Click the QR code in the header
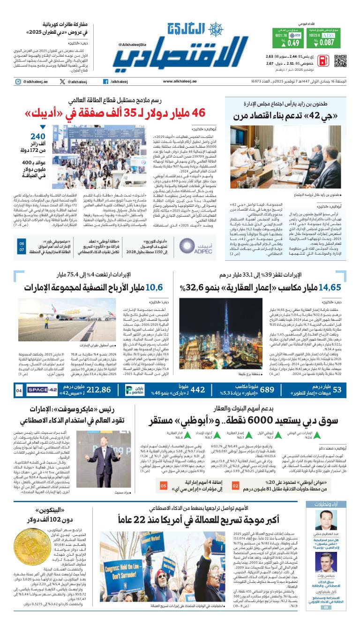[x=340, y=61]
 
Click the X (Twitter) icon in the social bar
[x=63, y=82]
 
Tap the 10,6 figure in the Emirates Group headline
[x=154, y=287]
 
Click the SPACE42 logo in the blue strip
[x=42, y=390]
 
